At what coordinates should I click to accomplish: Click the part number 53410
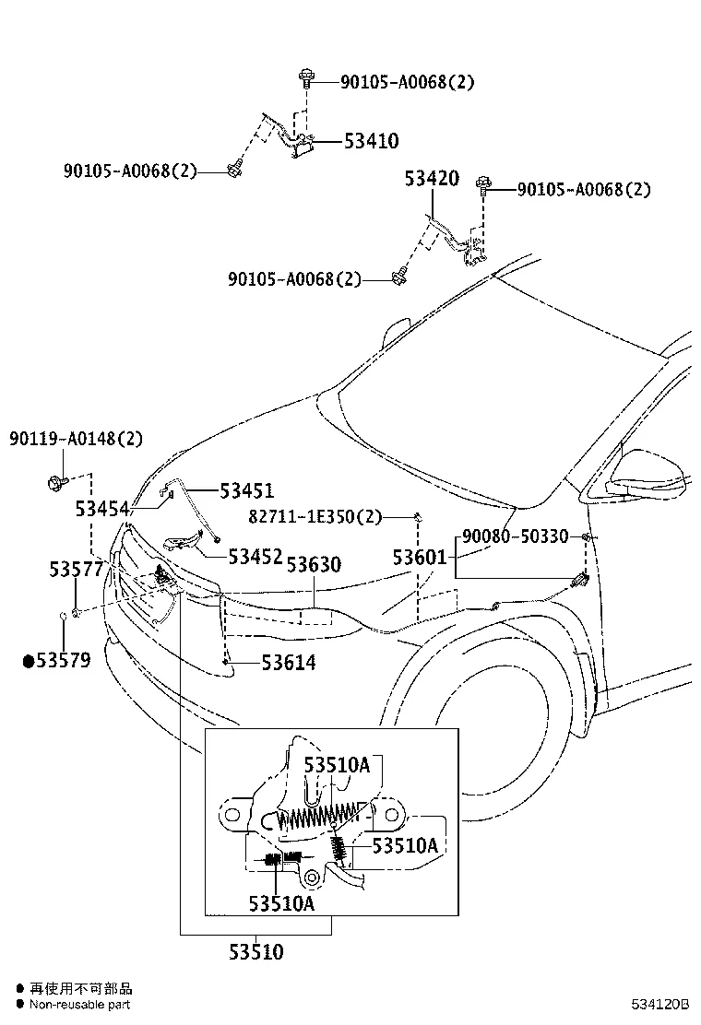pyautogui.click(x=371, y=141)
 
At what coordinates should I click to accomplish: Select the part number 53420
pyautogui.click(x=431, y=179)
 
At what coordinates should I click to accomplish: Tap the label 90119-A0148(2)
pyautogui.click(x=77, y=439)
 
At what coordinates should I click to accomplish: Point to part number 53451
pyautogui.click(x=246, y=491)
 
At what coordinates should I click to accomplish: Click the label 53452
pyautogui.click(x=255, y=556)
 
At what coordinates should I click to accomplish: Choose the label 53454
pyautogui.click(x=102, y=508)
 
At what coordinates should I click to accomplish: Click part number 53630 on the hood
pyautogui.click(x=314, y=564)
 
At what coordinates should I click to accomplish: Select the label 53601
pyautogui.click(x=420, y=558)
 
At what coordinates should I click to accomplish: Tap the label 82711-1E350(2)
pyautogui.click(x=315, y=517)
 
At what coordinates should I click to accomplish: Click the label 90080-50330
pyautogui.click(x=515, y=536)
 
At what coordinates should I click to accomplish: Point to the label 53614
pyautogui.click(x=288, y=662)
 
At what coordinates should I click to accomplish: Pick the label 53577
pyautogui.click(x=77, y=571)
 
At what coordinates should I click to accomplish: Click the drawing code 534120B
pyautogui.click(x=660, y=1003)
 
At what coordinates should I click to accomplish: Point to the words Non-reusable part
pyautogui.click(x=79, y=1005)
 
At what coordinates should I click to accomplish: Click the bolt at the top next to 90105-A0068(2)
pyautogui.click(x=304, y=81)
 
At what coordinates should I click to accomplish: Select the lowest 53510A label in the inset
pyautogui.click(x=280, y=902)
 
